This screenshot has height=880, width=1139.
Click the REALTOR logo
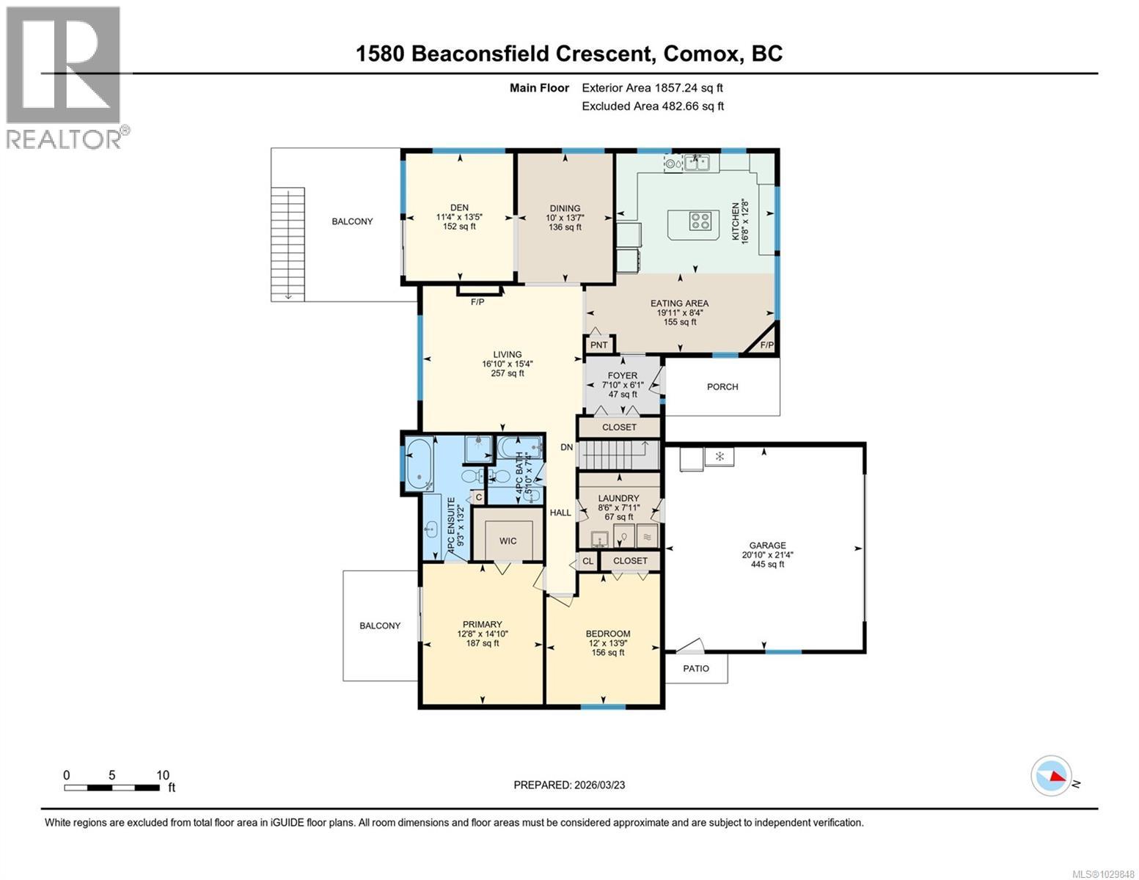point(65,77)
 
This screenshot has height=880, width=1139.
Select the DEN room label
point(459,208)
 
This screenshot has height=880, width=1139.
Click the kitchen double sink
point(696,163)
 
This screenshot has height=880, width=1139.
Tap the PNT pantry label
point(599,345)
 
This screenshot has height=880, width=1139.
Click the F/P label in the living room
point(477,301)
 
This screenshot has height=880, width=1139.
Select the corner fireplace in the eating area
point(765,340)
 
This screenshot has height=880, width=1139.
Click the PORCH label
point(722,386)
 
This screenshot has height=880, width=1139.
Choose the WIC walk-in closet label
point(508,540)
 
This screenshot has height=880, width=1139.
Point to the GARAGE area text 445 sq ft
point(767,564)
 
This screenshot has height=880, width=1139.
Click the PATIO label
point(696,668)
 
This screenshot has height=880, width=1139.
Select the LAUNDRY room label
point(618,498)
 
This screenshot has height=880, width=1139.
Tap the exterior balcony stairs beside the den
point(288,243)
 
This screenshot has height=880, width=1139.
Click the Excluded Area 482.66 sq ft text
point(652,106)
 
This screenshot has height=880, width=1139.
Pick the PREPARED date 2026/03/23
point(569,785)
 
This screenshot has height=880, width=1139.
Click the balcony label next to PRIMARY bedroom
point(380,626)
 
